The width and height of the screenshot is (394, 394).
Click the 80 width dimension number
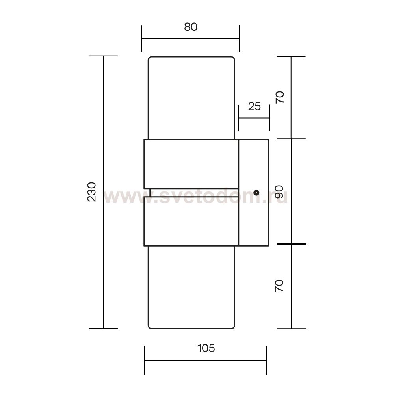191,27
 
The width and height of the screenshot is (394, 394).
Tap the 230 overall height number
92,192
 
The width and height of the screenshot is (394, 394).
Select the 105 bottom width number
206,348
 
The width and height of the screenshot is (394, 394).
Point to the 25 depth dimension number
254,106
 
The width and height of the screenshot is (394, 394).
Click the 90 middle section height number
279,192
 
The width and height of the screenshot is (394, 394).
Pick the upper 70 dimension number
280,97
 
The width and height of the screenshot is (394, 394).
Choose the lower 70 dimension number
279,286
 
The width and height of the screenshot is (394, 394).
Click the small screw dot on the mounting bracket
256,193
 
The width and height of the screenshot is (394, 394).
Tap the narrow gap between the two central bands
194,193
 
